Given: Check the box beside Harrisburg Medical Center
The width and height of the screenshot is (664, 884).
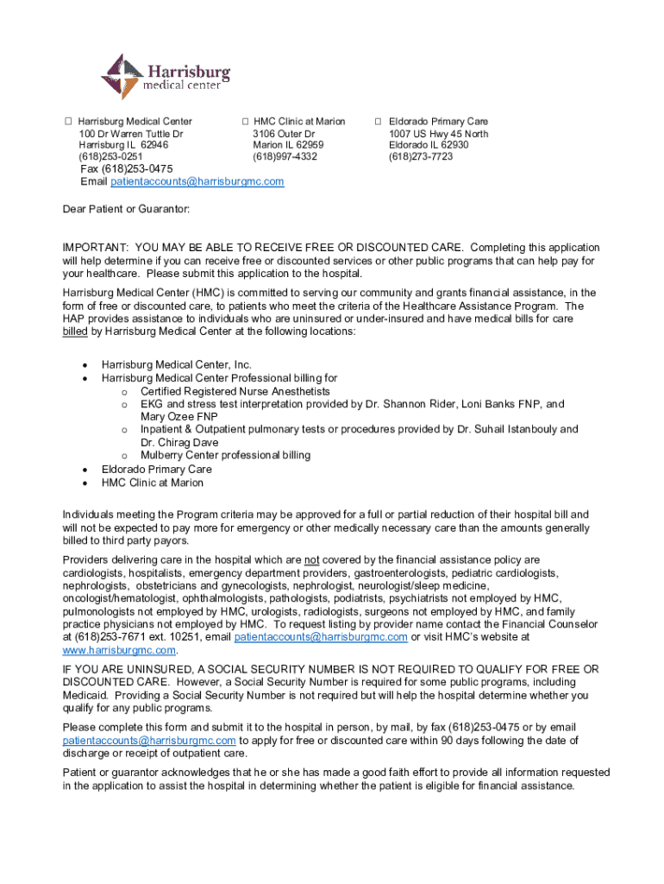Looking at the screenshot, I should (68, 122).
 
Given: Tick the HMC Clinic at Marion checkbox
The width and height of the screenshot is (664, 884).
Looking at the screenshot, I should (245, 122).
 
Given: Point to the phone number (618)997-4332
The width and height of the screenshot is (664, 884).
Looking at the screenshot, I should (285, 157).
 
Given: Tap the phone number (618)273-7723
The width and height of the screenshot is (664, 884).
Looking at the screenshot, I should (420, 157).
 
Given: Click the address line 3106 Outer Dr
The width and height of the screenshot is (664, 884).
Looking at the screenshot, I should (284, 134).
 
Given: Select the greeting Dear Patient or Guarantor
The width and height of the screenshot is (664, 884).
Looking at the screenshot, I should (126, 210).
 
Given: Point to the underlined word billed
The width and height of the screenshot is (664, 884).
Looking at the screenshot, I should (75, 331).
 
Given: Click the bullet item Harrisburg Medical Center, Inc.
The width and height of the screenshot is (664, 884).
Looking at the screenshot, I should (177, 365).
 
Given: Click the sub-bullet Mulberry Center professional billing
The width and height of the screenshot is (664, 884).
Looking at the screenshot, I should (226, 455).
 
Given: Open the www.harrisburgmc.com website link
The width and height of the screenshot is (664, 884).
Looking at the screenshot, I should (119, 649).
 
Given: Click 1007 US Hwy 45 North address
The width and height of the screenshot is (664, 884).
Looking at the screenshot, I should (438, 134).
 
